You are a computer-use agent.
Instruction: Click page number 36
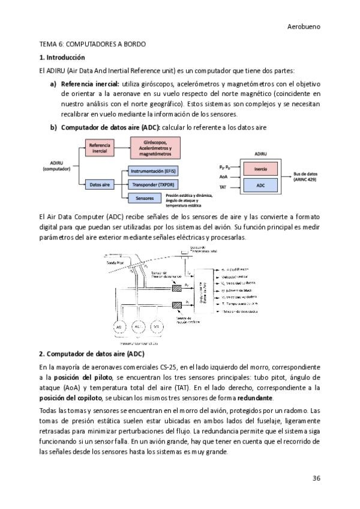click(x=316, y=478)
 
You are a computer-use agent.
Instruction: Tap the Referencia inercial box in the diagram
click(x=100, y=148)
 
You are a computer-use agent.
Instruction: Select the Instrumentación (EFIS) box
click(x=154, y=171)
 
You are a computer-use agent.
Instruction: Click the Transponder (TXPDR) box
click(x=154, y=184)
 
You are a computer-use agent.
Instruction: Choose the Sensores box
click(x=145, y=197)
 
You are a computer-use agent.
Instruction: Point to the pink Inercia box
click(x=260, y=169)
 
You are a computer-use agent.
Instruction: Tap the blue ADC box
click(x=260, y=185)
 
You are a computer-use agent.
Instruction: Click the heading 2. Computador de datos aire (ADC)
click(x=92, y=354)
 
